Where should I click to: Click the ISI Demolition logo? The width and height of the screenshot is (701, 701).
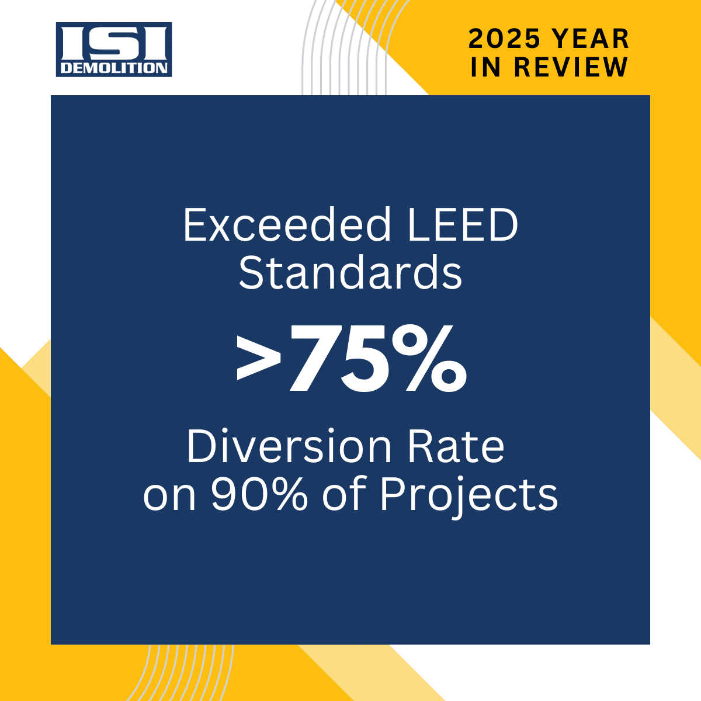(114, 50)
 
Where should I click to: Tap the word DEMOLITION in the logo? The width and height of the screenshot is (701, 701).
(114, 68)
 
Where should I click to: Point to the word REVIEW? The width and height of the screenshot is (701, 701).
(571, 67)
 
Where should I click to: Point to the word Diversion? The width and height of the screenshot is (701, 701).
(289, 447)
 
